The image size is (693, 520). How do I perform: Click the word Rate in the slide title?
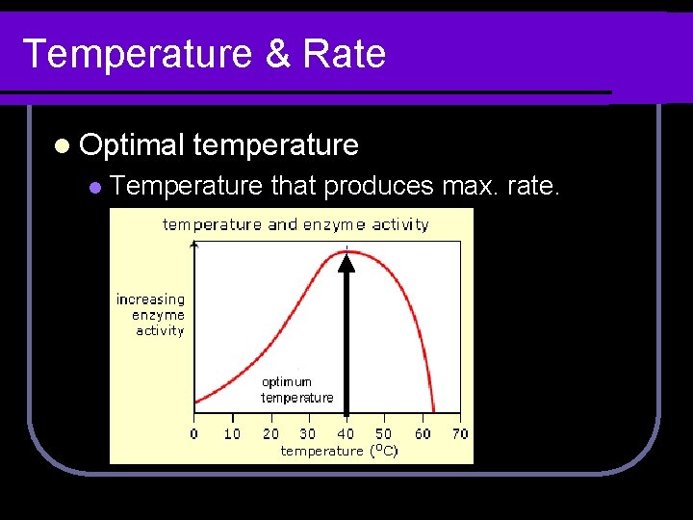(344, 54)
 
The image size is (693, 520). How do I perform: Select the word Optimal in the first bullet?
(132, 145)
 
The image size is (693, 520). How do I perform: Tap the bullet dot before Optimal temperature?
(62, 146)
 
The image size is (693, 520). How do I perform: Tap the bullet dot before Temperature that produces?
(94, 187)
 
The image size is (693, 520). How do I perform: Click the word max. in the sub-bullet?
(474, 186)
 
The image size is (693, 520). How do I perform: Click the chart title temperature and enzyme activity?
(295, 225)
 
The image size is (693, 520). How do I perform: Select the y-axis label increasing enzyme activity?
(151, 315)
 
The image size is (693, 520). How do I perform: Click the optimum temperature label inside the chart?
(297, 389)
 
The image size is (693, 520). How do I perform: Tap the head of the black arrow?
(346, 261)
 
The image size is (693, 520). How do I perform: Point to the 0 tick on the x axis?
(193, 434)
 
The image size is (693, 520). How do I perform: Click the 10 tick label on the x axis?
(232, 434)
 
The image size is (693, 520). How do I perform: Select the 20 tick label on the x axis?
(270, 434)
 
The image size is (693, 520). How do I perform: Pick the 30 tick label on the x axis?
(308, 434)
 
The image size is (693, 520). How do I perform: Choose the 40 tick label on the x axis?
(346, 434)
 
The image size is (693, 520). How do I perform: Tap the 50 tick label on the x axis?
(384, 434)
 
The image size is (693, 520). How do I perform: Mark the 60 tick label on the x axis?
(423, 434)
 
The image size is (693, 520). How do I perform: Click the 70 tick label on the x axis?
(460, 434)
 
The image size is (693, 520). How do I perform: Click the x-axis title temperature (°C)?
(339, 451)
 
